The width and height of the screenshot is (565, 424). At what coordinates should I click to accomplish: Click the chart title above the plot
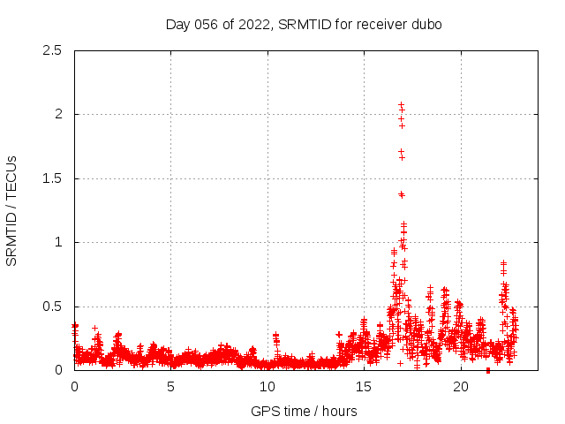tap(304, 24)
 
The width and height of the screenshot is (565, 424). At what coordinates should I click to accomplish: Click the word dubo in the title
tap(426, 24)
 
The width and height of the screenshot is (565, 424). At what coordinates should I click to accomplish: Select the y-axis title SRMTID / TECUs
tap(12, 210)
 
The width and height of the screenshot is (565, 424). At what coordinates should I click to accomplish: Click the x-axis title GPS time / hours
tap(304, 411)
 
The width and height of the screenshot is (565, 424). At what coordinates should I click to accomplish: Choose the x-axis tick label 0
tap(74, 387)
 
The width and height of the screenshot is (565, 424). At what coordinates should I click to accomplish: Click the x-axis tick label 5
tap(171, 387)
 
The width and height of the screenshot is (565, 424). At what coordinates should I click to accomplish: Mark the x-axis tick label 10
tap(267, 387)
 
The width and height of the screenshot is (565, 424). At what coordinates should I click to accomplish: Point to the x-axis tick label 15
tap(364, 387)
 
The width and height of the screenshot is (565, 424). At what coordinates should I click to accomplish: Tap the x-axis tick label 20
tap(461, 387)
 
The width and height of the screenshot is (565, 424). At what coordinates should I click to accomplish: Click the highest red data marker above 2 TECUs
tap(401, 104)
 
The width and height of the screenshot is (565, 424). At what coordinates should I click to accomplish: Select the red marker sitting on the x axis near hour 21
tap(488, 370)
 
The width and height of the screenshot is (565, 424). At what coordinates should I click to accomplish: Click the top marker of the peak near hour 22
tap(503, 262)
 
